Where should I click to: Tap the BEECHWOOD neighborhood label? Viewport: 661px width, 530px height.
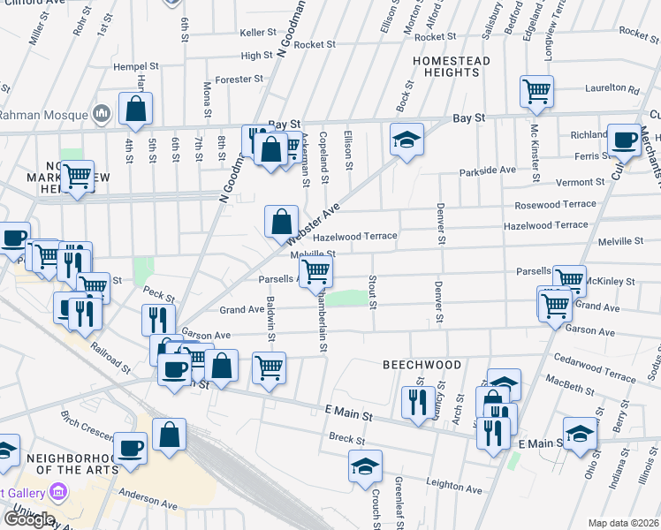[422, 365]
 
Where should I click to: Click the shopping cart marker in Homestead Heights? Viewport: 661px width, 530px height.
[536, 92]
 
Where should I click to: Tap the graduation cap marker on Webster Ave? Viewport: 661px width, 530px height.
[406, 140]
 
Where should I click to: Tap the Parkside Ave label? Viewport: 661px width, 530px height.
[487, 170]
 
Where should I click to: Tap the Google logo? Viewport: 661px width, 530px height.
[29, 519]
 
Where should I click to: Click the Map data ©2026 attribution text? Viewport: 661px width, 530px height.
[623, 523]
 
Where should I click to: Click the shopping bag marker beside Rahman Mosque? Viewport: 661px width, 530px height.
[136, 110]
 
